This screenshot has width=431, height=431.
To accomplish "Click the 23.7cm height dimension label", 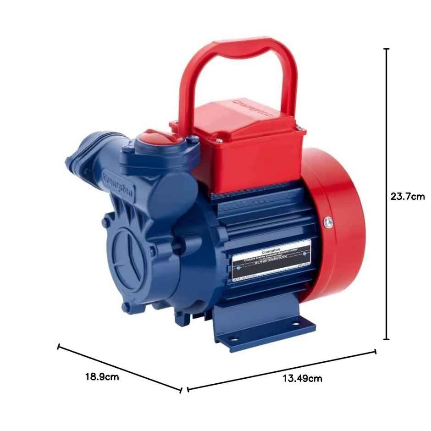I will tap(407, 197).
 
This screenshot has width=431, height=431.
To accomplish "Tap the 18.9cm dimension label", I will tap(102, 377).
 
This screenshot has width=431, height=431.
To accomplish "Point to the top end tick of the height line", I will tap(387, 49).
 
